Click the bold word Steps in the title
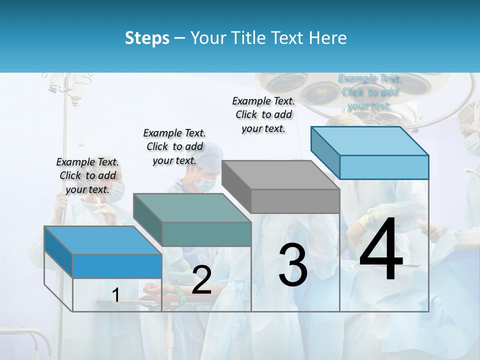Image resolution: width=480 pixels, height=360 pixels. pyautogui.click(x=147, y=38)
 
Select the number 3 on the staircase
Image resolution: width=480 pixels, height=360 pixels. pyautogui.click(x=293, y=264)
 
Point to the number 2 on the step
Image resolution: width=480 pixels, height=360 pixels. pyautogui.click(x=201, y=280)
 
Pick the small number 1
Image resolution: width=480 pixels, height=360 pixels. pyautogui.click(x=115, y=295)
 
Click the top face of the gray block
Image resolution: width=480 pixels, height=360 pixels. pyautogui.click(x=280, y=175)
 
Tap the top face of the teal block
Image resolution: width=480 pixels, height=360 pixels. pyautogui.click(x=192, y=208)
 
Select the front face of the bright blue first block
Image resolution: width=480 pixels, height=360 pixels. pyautogui.click(x=117, y=266)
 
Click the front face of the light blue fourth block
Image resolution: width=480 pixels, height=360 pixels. pyautogui.click(x=384, y=167)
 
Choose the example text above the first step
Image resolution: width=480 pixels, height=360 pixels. pyautogui.click(x=87, y=175)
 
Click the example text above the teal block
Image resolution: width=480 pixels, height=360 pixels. pyautogui.click(x=174, y=146)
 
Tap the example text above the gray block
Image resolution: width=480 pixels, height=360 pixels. pyautogui.click(x=263, y=114)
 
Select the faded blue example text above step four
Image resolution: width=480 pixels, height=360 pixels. pyautogui.click(x=369, y=91)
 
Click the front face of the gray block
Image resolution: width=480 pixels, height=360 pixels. pyautogui.click(x=295, y=201)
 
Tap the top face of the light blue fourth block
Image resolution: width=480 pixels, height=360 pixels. pyautogui.click(x=369, y=141)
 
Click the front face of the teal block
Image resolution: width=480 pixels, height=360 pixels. pyautogui.click(x=206, y=234)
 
